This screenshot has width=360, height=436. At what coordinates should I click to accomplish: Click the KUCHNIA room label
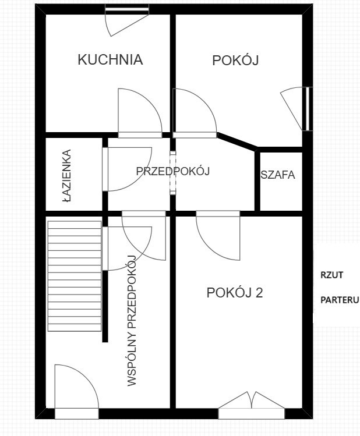[x=110, y=60]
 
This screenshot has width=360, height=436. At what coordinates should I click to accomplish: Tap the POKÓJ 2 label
[x=235, y=293]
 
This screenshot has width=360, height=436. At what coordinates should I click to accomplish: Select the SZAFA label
[x=278, y=175]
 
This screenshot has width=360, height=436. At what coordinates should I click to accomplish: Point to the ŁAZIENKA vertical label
[x=66, y=175]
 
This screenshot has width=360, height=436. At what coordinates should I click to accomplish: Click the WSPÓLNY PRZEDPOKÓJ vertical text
[x=132, y=320]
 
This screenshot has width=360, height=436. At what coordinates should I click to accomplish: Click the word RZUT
[x=332, y=275]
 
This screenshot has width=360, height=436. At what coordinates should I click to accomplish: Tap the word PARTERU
[x=340, y=300]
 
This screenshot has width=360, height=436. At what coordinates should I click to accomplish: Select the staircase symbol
[x=75, y=276]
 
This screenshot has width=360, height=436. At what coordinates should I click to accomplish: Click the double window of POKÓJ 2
[x=252, y=405]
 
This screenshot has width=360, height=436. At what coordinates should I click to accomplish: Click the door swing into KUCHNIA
[x=140, y=113]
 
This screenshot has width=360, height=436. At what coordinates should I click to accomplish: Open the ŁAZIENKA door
[x=127, y=169]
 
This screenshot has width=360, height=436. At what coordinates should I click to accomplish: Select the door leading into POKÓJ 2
[x=218, y=236]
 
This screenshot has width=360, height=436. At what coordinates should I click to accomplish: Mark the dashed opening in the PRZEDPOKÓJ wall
[x=173, y=173]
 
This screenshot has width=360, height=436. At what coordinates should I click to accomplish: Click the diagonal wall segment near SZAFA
[x=237, y=142]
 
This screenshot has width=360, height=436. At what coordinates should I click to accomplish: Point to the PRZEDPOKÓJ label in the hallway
[x=173, y=171]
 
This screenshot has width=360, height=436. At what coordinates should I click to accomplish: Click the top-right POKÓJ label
[x=235, y=61]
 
